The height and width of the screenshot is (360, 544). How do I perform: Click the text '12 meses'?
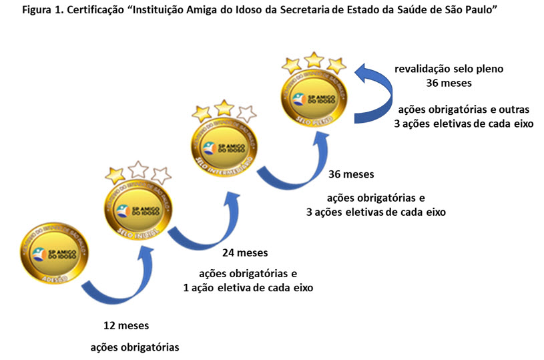pyautogui.click(x=126, y=327)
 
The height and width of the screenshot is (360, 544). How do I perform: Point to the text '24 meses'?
pyautogui.click(x=244, y=253)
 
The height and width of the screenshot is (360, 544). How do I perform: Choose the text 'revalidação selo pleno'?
pyautogui.click(x=453, y=68)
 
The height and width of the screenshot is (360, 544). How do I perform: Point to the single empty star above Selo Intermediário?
pyautogui.click(x=246, y=113)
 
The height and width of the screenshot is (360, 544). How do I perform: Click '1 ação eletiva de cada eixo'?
pyautogui.click(x=248, y=288)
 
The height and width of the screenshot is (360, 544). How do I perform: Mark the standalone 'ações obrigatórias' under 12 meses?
pyautogui.click(x=134, y=347)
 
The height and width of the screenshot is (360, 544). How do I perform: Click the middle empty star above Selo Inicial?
pyautogui.click(x=138, y=170)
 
